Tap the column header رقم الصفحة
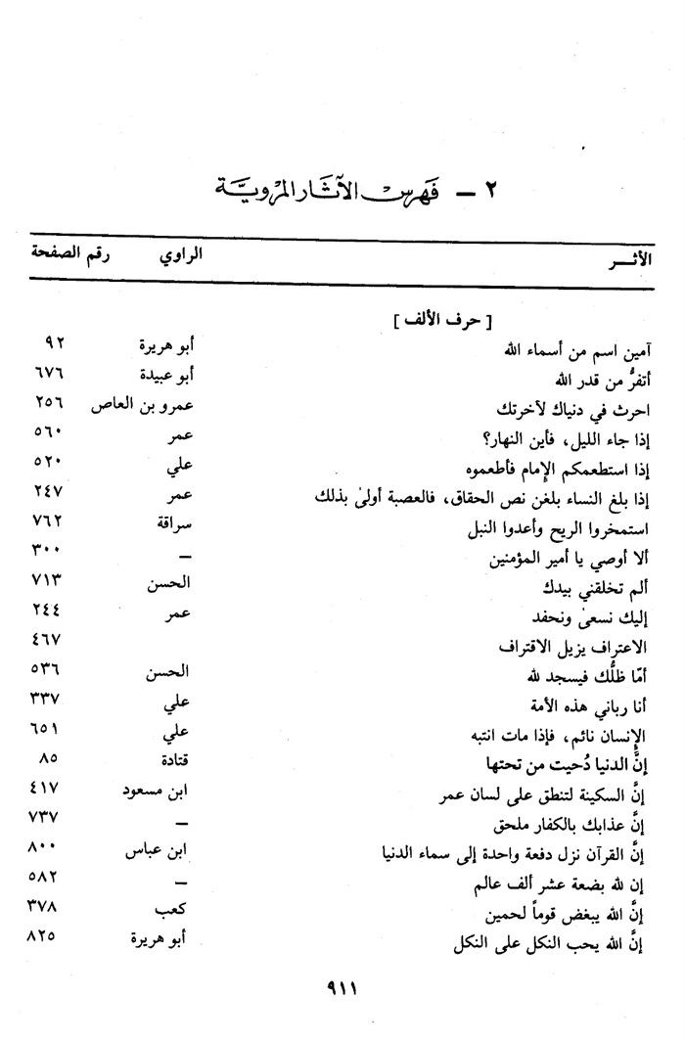pyautogui.click(x=69, y=256)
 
